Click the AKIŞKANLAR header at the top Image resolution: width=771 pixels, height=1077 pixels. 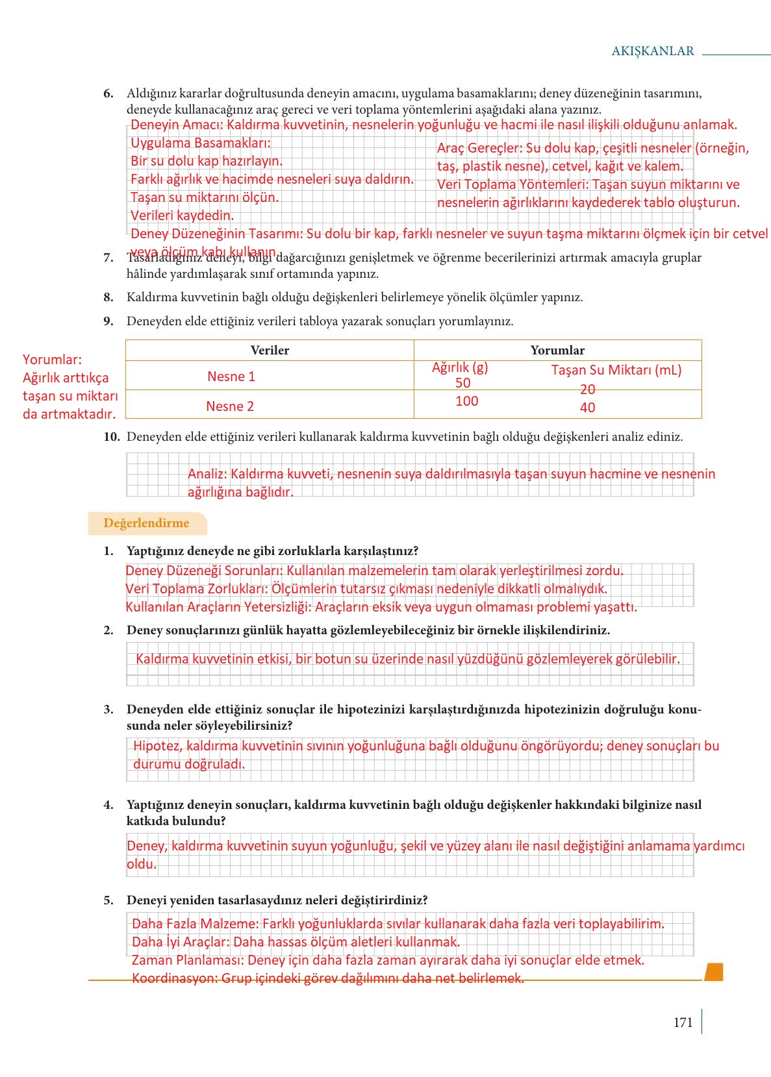point(652,51)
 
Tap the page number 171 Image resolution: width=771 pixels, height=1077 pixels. point(683,1022)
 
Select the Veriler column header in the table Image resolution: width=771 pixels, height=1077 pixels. point(270,351)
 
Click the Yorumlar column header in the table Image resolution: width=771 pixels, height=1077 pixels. point(557,351)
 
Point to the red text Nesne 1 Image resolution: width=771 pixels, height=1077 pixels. point(231,377)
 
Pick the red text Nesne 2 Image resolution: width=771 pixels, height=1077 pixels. point(230,406)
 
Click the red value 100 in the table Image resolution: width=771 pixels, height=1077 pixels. point(466,401)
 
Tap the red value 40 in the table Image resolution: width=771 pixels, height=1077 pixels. point(587,408)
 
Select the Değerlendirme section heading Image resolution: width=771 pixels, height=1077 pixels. point(146,523)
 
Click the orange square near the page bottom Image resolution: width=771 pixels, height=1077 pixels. point(713,972)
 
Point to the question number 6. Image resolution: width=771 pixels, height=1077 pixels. point(108,93)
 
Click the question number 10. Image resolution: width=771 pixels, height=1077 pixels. point(112,437)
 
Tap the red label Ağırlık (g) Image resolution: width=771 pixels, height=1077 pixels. point(460,367)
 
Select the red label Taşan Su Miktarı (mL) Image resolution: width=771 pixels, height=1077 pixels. point(616,370)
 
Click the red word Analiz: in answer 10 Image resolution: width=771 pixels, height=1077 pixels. point(207,474)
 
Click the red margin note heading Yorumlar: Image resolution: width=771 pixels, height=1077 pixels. point(53,360)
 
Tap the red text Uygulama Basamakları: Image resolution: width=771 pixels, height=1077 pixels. point(201,143)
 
